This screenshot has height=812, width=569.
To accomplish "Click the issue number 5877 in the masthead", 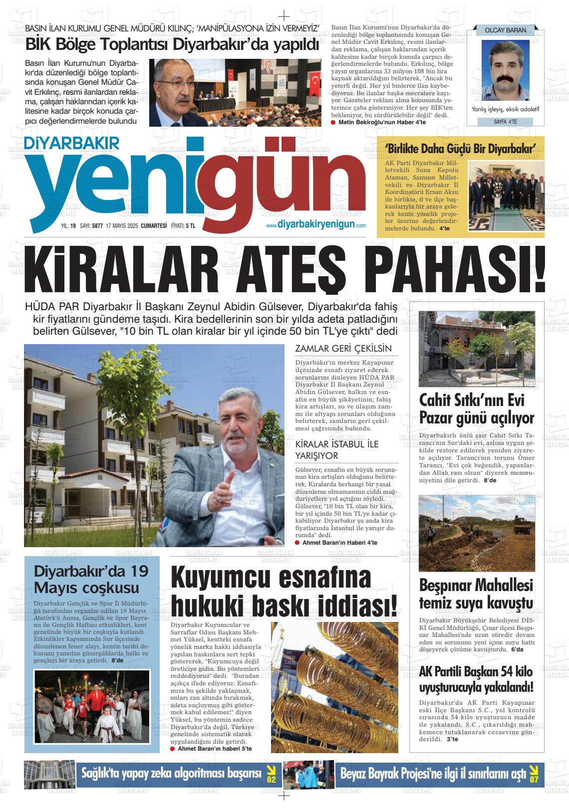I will pyautogui.click(x=97, y=226).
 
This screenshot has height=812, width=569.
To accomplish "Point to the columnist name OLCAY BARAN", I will pyautogui.click(x=505, y=30).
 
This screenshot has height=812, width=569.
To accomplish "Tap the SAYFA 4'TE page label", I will pyautogui.click(x=505, y=121).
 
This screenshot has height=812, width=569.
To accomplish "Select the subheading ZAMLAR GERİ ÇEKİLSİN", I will pyautogui.click(x=343, y=349).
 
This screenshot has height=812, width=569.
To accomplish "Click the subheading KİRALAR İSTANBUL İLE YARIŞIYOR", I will pyautogui.click(x=337, y=450).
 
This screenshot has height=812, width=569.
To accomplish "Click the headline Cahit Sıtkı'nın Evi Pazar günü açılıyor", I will pyautogui.click(x=476, y=409).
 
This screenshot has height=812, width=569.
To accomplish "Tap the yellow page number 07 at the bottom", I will pyautogui.click(x=534, y=774).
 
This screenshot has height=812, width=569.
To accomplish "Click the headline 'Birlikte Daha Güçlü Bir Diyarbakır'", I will pyautogui.click(x=461, y=149).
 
